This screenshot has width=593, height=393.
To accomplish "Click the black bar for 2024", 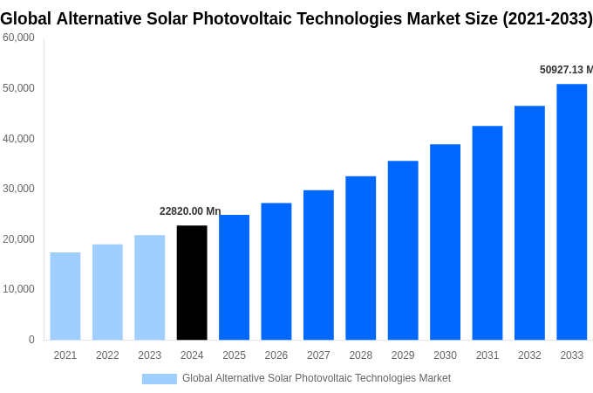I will point(192,283).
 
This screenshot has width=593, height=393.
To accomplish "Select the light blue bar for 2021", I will point(65,296).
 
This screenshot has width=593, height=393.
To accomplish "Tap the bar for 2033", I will point(571,212).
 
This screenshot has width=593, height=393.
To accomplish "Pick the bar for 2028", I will point(360,259).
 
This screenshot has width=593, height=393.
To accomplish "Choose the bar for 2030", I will point(445,242).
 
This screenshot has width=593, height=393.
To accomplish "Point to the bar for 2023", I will point(149,287).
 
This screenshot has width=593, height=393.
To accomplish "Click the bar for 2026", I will point(276,272).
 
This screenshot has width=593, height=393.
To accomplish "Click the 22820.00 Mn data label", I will point(190,211).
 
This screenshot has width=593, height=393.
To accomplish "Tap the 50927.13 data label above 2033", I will point(565,70).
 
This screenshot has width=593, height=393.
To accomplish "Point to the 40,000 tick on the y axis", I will point(18,139).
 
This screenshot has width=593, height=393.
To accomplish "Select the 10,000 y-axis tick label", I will point(18,289).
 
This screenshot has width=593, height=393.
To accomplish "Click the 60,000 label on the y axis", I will point(18,38).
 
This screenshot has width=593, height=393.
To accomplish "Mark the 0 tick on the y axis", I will point(31,340).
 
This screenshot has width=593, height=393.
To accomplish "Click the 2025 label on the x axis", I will point(234,355).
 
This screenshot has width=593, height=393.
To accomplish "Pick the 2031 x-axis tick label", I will point(487,355).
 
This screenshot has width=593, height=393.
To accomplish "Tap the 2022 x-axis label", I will point(107,355).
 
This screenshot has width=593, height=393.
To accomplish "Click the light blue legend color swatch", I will point(160,379).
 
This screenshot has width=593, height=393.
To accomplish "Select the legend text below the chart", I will point(317,378).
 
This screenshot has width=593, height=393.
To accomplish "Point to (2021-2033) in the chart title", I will point(547,18).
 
